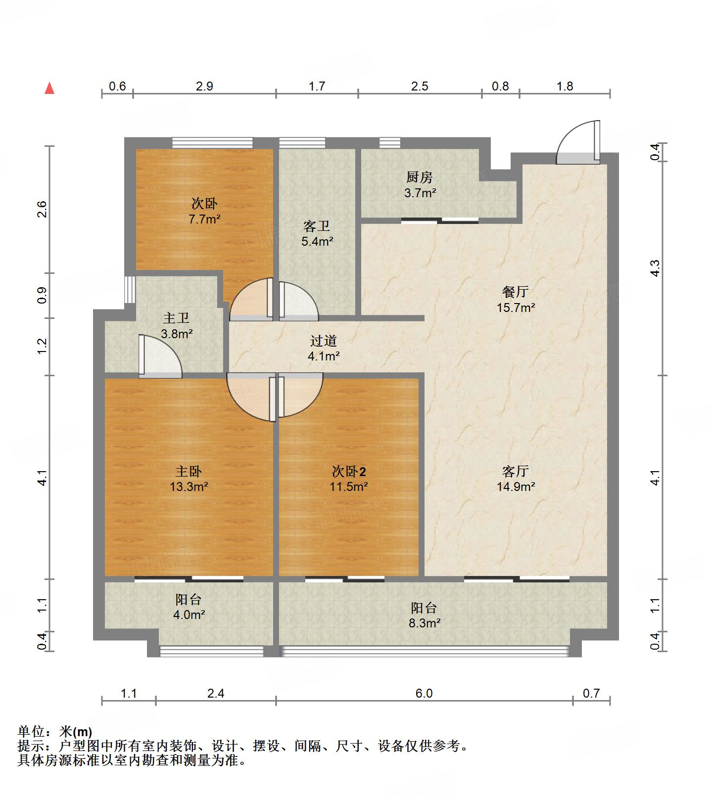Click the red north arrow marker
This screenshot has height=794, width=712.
tap(49, 88)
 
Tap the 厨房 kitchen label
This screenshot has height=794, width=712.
tap(420, 177)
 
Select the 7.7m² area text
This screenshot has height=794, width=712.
tap(204, 219)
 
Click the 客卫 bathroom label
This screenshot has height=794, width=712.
tap(317, 226)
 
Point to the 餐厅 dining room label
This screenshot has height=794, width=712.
tap(516, 292)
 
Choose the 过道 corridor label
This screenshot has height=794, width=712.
tap(324, 341)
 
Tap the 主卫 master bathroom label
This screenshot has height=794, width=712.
tap(176, 318)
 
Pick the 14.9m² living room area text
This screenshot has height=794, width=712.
tap(516, 486)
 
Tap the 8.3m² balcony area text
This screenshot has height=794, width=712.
tap(425, 623)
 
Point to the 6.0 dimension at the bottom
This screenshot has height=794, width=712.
tap(424, 693)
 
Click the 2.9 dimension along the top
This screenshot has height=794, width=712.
tap(204, 87)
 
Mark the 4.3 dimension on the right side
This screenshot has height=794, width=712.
tap(655, 268)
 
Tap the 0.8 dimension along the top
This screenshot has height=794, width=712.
tap(500, 87)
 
